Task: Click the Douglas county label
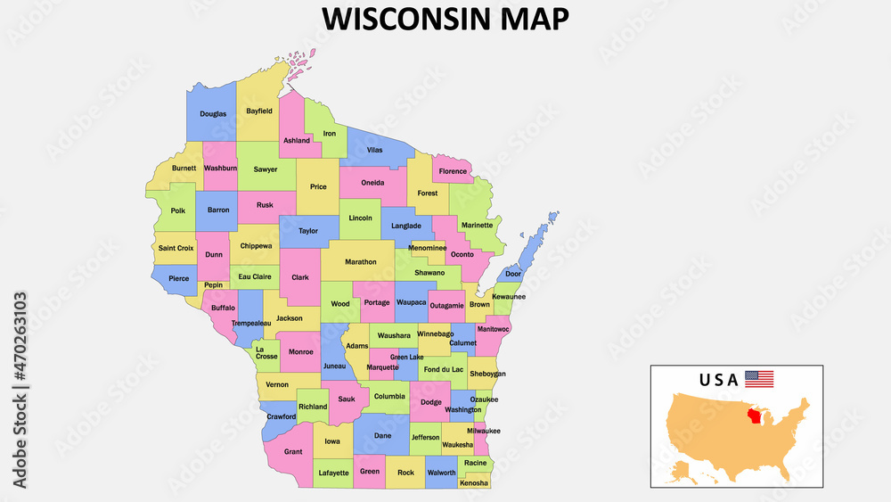point(213,114)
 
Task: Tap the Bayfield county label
point(259,111)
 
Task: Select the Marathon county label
point(361,262)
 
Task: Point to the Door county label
point(513,275)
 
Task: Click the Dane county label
point(382,436)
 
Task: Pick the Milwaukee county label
point(484,431)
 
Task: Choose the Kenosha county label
point(474,483)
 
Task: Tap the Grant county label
point(293,452)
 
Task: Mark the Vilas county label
point(374,150)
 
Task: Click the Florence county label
point(453,171)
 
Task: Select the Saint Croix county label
point(176,248)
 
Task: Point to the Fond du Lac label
point(444,369)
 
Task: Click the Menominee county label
point(427,248)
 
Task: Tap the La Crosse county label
point(266,353)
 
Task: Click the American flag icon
point(759,379)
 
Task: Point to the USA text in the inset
point(718,380)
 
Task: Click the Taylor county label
point(307,231)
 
